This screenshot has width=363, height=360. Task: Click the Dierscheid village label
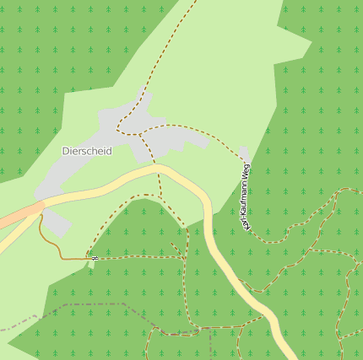click(87, 151)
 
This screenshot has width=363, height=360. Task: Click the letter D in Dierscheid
click(66, 151)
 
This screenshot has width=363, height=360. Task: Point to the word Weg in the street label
click(246, 169)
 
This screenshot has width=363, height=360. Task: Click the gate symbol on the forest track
click(95, 258)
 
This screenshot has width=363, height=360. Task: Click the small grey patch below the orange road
click(56, 223)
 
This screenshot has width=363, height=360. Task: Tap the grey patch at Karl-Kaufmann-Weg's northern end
click(244, 153)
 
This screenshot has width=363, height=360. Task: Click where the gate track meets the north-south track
click(183, 257)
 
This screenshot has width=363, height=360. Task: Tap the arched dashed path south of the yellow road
click(135, 199)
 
